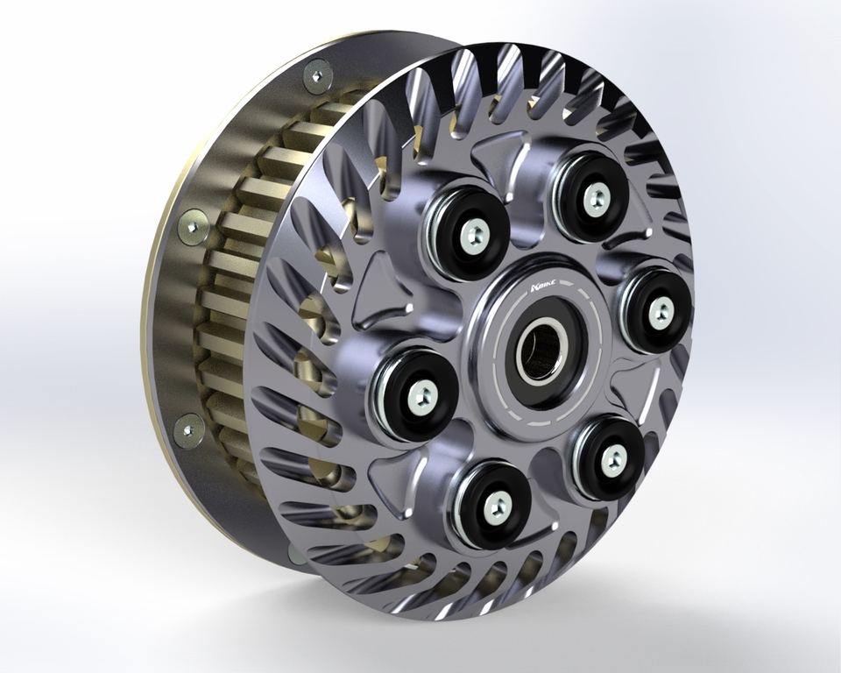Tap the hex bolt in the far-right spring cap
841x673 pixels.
point(661,308)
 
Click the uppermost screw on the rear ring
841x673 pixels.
point(317,75)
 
